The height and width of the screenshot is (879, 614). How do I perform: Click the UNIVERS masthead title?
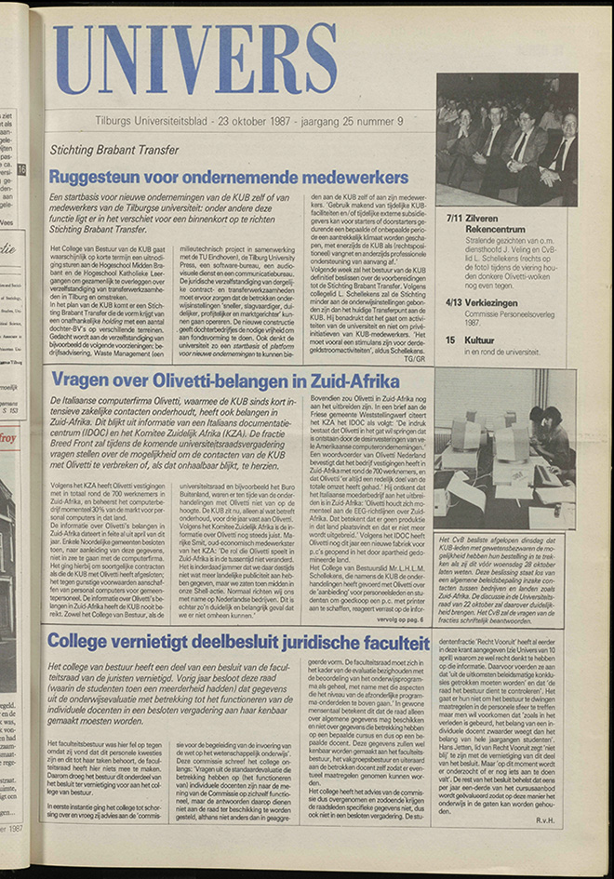pyautogui.click(x=194, y=60)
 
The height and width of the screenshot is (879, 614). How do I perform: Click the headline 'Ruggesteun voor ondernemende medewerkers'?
pyautogui.click(x=228, y=177)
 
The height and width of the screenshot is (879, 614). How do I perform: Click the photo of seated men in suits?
pyautogui.click(x=506, y=140)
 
